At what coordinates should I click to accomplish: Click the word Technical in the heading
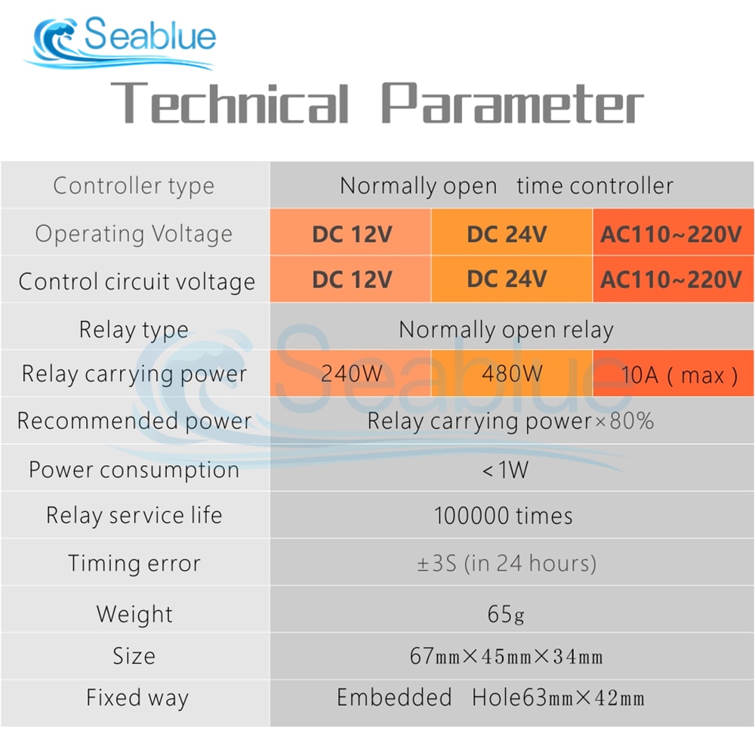pos(230,103)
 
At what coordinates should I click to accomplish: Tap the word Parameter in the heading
pos(513,103)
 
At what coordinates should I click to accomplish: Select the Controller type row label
pos(134,186)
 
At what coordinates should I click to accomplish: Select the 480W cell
pos(512,373)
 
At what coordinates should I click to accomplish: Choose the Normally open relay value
pos(506,331)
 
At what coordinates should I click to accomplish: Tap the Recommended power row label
pos(134,421)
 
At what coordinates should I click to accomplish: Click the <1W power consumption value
pos(505,470)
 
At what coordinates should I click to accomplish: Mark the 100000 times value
pos(503,516)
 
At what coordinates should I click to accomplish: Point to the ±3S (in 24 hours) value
pos(507,563)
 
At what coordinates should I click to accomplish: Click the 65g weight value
pos(506,615)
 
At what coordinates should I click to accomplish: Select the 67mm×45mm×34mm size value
pos(506,656)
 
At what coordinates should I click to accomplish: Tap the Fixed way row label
pos(137,698)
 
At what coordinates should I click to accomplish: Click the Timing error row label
pos(134,563)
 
